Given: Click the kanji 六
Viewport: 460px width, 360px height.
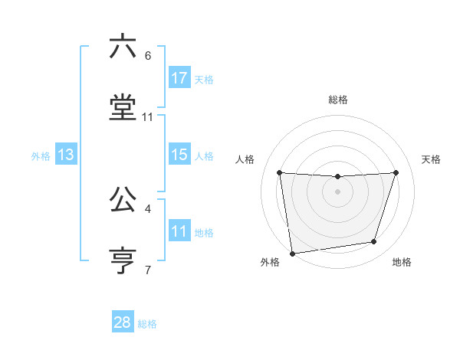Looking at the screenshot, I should click(123, 47).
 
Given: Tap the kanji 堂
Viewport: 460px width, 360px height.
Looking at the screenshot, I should click(123, 108).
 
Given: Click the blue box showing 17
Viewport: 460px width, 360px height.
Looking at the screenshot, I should click(179, 77).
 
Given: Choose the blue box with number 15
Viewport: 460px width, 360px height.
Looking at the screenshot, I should click(179, 155).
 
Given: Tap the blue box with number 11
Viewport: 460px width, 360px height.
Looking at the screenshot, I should click(179, 231).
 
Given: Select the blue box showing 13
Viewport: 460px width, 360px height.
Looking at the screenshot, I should click(66, 155).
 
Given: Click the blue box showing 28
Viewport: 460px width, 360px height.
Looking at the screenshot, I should click(123, 322).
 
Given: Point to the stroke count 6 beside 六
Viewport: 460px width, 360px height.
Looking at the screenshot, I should click(148, 55).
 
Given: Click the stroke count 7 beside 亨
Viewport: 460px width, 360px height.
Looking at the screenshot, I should click(148, 270).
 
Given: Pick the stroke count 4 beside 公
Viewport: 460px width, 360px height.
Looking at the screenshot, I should click(148, 208).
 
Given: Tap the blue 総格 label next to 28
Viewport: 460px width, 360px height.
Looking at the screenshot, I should click(147, 324).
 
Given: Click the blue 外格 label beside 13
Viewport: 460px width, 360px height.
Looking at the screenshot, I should click(41, 156).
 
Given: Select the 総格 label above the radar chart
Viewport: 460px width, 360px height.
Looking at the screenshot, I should click(337, 100).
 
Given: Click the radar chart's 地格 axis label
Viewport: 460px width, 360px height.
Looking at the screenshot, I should click(401, 262).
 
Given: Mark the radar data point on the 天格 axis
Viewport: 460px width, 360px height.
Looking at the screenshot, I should click(396, 172).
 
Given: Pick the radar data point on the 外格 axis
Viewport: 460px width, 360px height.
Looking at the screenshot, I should click(292, 253).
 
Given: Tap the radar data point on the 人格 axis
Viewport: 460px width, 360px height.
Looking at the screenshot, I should click(280, 173).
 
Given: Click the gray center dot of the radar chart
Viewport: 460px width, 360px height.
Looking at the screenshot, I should click(337, 191).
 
